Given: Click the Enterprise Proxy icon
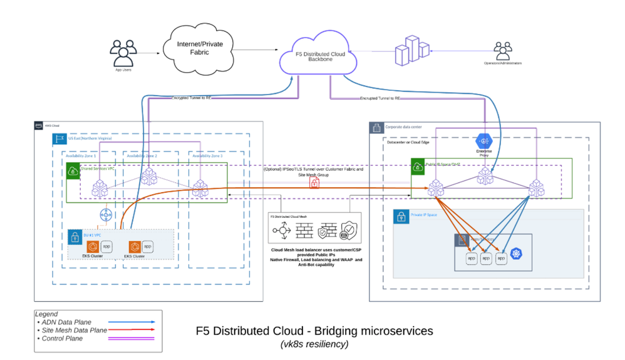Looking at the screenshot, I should point(484,142).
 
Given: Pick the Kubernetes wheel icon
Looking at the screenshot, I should point(516,254).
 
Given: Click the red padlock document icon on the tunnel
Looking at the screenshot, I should point(314,183).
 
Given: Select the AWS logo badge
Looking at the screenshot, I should point(38,126).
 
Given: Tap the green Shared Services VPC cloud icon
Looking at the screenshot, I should point(73,170).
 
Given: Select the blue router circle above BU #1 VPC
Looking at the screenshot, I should point(105,215).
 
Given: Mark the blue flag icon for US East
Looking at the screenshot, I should point(60,138).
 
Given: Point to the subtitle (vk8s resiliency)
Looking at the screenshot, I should point(314,344).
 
